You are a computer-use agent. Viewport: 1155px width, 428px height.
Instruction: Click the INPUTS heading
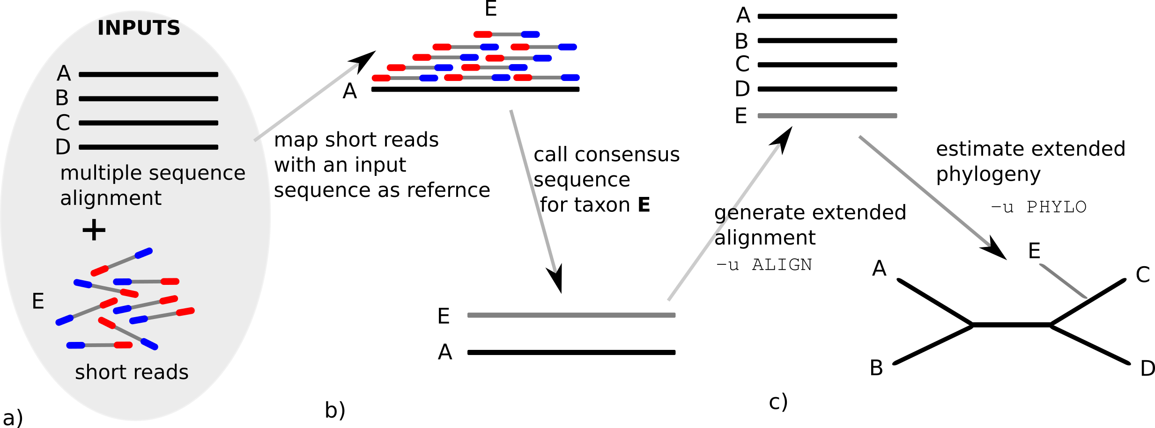click(139, 29)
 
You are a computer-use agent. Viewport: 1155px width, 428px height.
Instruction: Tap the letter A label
click(64, 74)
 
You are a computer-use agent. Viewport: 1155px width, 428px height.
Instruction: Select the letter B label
click(62, 98)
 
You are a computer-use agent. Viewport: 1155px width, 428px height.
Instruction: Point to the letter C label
click(63, 123)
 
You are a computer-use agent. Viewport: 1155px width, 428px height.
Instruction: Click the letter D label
click(63, 147)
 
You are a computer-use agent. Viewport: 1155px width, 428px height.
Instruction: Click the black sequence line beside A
click(148, 74)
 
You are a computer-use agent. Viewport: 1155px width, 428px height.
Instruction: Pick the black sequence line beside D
click(148, 147)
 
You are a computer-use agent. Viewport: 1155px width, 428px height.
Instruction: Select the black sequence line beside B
click(148, 99)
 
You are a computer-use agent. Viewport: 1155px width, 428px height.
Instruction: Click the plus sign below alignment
click(94, 230)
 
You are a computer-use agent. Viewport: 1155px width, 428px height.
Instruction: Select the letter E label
click(38, 301)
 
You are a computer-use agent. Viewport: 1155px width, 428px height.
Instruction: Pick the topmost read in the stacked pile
click(506, 34)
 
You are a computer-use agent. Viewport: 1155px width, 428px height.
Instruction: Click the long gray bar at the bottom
click(571, 315)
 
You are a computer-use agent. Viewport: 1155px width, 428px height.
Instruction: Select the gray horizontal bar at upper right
click(827, 116)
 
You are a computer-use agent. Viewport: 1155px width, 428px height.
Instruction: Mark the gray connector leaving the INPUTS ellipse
click(306, 102)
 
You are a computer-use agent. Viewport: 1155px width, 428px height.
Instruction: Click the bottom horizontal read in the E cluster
click(99, 345)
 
